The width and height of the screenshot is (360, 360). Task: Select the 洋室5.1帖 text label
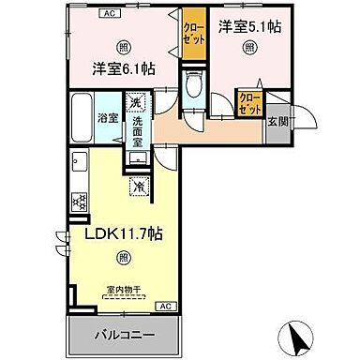click(249, 28)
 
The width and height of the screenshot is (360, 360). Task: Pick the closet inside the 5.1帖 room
click(249, 101)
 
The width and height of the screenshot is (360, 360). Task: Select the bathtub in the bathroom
click(81, 117)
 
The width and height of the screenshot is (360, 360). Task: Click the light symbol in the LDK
click(123, 257)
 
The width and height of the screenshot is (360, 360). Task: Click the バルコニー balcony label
click(123, 335)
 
